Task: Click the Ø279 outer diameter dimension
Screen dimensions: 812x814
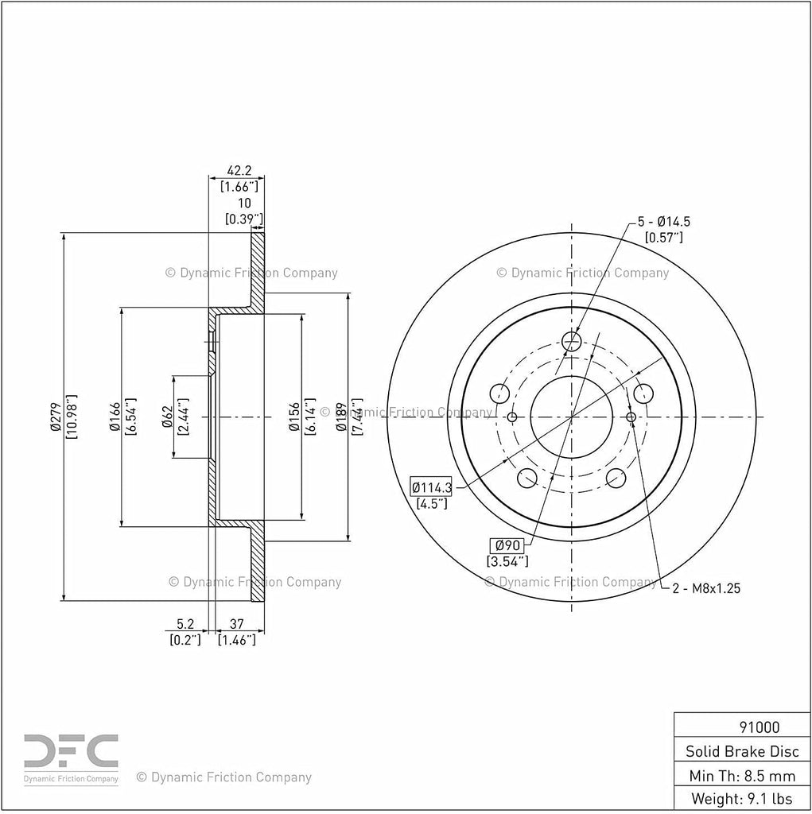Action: point(56,417)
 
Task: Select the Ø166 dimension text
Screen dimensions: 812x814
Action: point(115,417)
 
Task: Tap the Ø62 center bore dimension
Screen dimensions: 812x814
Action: point(167,417)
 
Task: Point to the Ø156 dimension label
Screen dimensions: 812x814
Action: point(294,417)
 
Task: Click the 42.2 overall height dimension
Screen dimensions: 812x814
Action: point(239,170)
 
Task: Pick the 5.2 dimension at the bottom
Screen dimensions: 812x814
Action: point(185,624)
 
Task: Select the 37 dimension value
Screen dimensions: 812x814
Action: point(236,624)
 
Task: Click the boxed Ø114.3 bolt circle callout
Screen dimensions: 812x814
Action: point(431,487)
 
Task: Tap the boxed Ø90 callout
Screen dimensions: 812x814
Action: point(507,545)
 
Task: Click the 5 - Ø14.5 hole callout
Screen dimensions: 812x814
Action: point(664,222)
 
